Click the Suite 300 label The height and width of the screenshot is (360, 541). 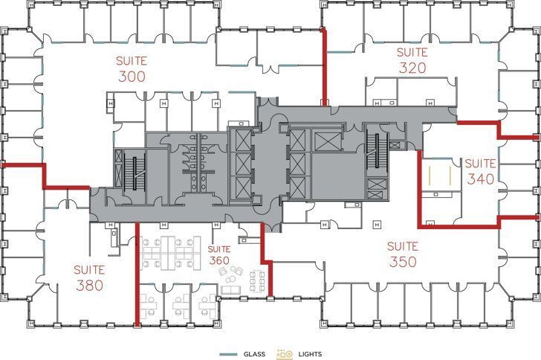coord(130,68)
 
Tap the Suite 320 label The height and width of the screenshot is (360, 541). coord(412,61)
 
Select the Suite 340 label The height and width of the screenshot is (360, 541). coord(481,172)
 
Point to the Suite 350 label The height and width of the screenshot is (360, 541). coord(402,254)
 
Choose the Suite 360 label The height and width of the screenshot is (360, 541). coord(219,255)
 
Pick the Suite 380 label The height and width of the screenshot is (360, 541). coord(89,277)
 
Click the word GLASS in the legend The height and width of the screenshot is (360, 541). coord(256,354)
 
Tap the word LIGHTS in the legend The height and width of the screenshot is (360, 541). coord(310,354)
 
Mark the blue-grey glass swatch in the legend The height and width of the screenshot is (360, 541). coord(230,354)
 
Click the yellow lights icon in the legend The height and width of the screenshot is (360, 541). coord(285,354)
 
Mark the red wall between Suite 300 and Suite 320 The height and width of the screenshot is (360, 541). coord(323,67)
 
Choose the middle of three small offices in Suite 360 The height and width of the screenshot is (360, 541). coord(183,303)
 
